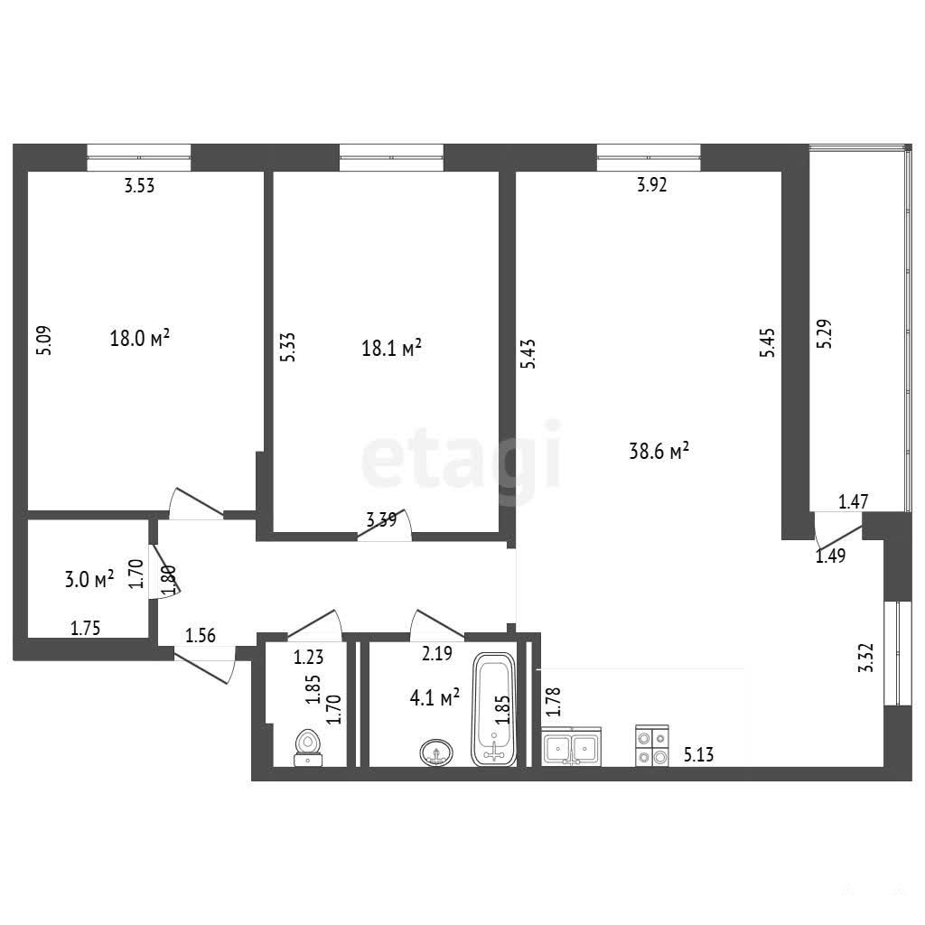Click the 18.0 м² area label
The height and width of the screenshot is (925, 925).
140,338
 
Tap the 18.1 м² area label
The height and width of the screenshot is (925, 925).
391,348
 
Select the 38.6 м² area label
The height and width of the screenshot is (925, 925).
659,452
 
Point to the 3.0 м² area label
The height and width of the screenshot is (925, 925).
89,579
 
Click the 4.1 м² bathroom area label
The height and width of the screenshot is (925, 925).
434,698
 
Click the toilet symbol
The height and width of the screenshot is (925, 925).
308,748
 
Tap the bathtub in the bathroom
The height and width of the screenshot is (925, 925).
494,709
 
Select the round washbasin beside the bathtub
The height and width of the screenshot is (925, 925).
436,752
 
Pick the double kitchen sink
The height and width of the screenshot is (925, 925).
571,746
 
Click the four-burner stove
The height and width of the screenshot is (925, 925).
652,745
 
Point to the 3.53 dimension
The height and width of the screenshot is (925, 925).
139,186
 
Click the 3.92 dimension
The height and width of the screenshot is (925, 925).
652,184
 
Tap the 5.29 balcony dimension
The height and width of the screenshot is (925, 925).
824,333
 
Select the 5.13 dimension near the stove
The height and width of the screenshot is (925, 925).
698,754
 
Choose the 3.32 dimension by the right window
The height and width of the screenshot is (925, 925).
865,658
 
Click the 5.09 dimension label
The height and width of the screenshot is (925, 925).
44,341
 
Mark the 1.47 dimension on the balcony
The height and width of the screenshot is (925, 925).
853,501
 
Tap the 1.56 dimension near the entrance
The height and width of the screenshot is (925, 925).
201,635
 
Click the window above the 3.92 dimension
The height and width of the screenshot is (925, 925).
649,157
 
